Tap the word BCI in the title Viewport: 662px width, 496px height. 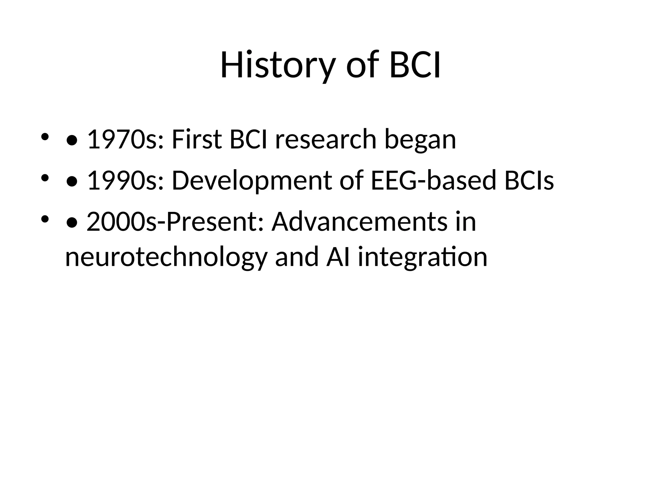coord(415,66)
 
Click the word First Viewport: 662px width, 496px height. coord(197,139)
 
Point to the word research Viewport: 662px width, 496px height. coord(326,139)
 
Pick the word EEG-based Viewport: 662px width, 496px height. coord(433,181)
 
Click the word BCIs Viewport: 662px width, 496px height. coord(529,181)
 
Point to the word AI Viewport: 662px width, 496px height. coord(338,257)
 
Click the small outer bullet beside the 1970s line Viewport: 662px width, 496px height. coord(45,137)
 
